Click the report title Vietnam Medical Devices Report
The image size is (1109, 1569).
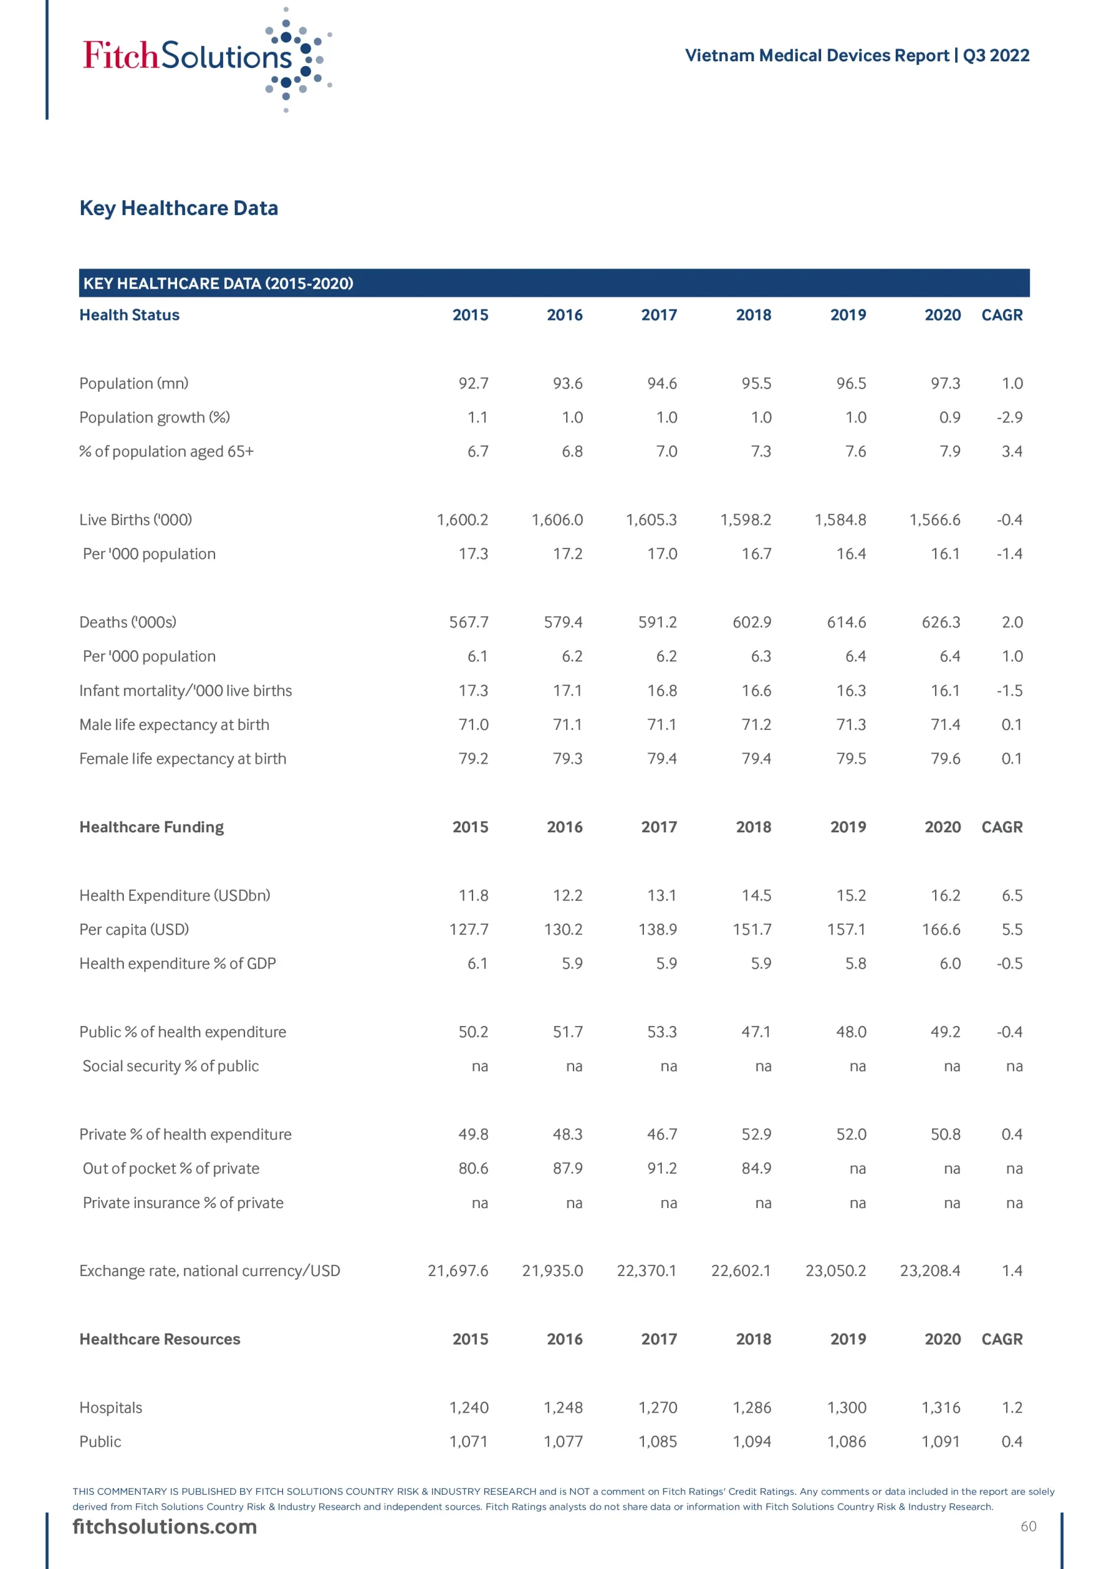point(818,55)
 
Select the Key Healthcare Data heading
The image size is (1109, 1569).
point(179,208)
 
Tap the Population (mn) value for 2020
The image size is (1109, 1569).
point(945,384)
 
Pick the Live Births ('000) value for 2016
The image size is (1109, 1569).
point(557,520)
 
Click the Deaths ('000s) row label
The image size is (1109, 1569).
point(128,623)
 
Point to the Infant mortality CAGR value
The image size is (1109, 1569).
point(1009,691)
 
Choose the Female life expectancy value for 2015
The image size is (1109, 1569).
point(473,759)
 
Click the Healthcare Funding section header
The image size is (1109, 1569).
point(152,827)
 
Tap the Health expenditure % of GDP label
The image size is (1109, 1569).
point(178,964)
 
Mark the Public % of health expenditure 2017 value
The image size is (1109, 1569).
point(662,1033)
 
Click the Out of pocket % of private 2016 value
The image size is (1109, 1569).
point(567,1169)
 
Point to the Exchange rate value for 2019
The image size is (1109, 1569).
point(835,1272)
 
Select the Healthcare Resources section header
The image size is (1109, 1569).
point(160,1340)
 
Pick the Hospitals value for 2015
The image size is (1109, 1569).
point(469,1408)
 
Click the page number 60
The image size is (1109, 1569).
point(1028,1527)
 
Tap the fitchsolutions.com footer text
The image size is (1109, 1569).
point(165,1527)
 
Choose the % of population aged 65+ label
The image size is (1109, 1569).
point(167,452)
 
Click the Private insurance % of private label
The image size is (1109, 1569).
point(183,1203)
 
